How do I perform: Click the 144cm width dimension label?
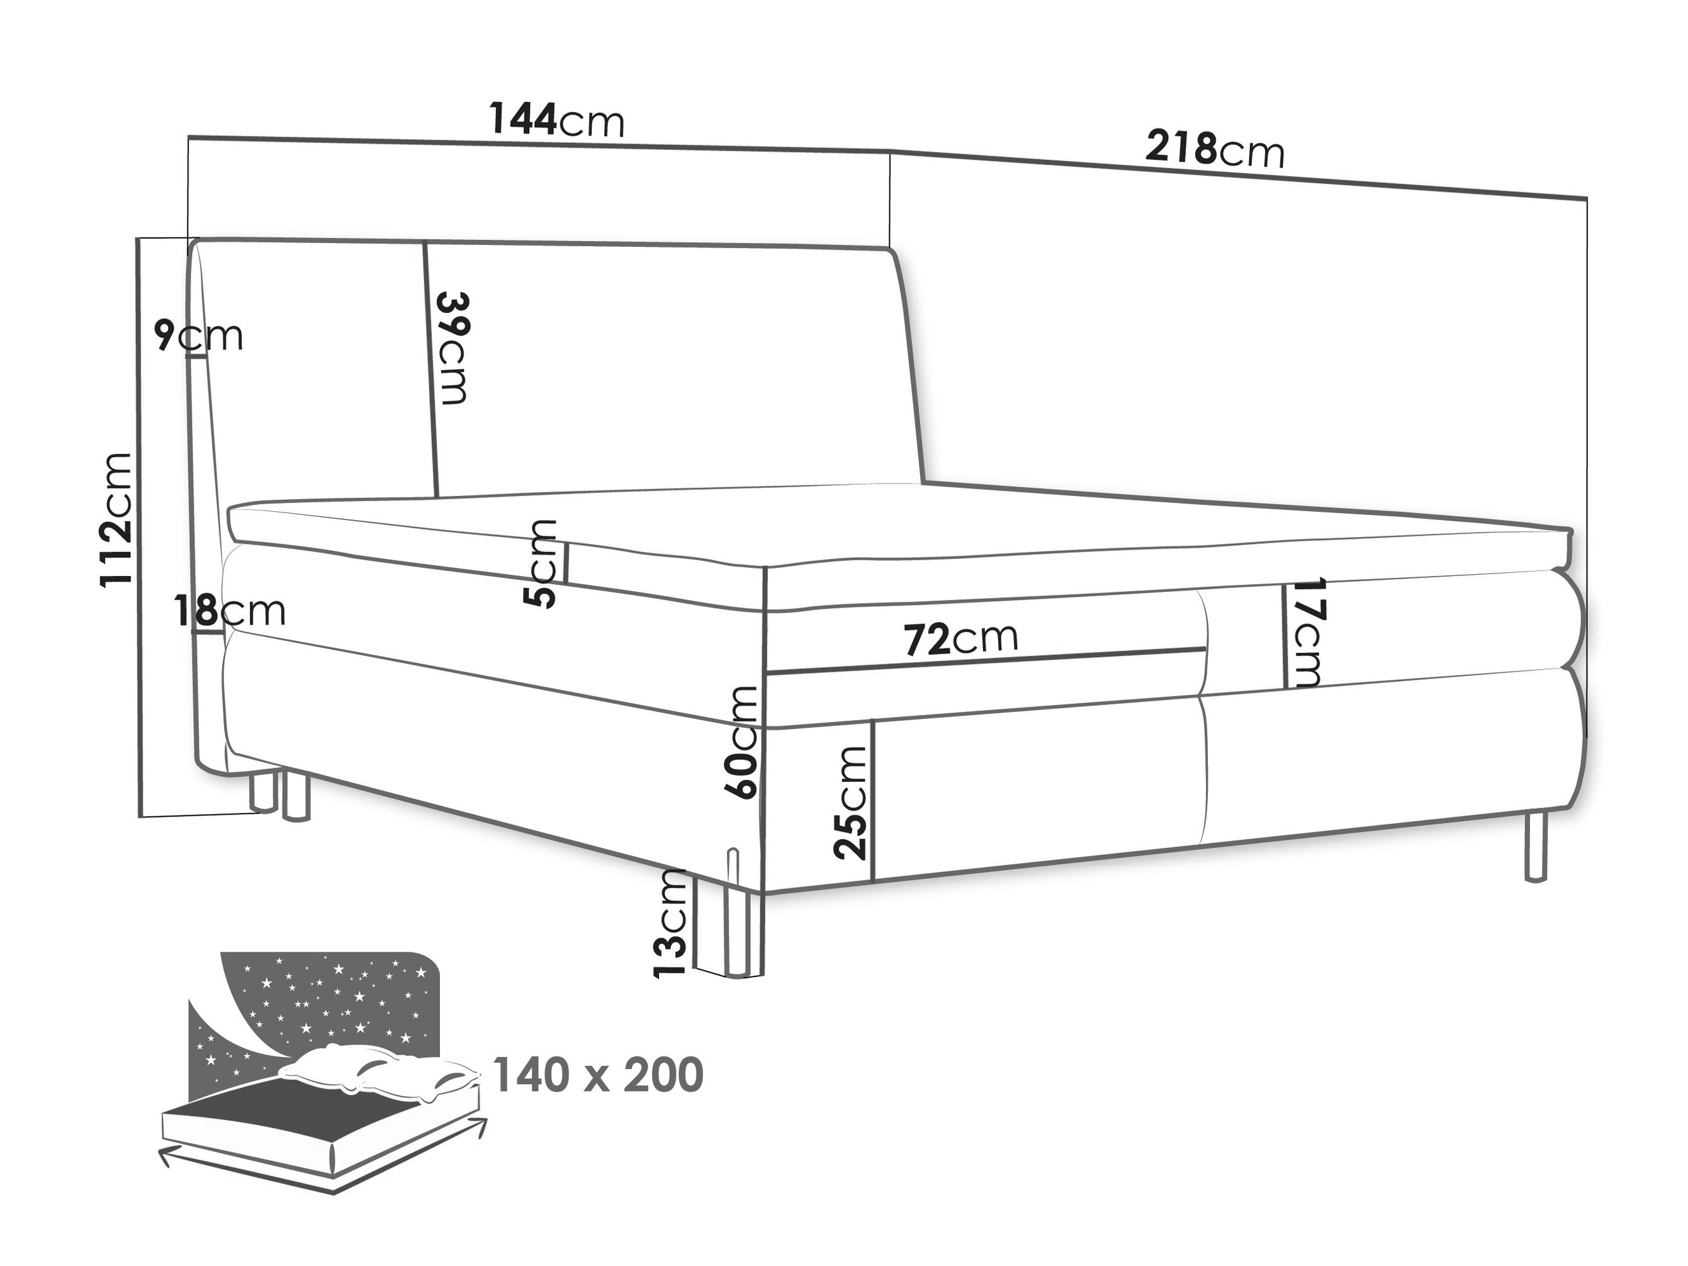pos(556,120)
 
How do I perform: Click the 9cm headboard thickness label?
pos(198,335)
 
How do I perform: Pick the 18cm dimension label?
pos(230,611)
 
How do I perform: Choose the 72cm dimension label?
pos(961,639)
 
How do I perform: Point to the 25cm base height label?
pos(850,803)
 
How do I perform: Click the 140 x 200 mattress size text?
pos(597,1075)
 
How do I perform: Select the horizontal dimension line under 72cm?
pos(986,660)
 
